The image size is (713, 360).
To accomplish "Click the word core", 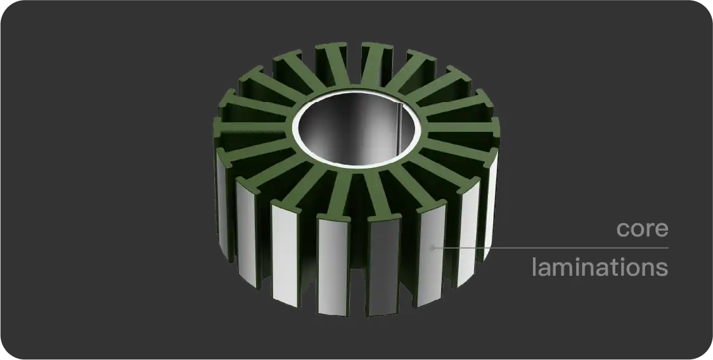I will point(642,229).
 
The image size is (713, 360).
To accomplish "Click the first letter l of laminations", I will point(534,266).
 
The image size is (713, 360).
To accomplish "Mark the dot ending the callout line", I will point(433,248).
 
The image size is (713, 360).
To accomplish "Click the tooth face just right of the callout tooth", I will point(468,238).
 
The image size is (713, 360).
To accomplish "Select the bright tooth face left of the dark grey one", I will point(333,266).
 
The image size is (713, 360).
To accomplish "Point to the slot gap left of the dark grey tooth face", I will point(360,266).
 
